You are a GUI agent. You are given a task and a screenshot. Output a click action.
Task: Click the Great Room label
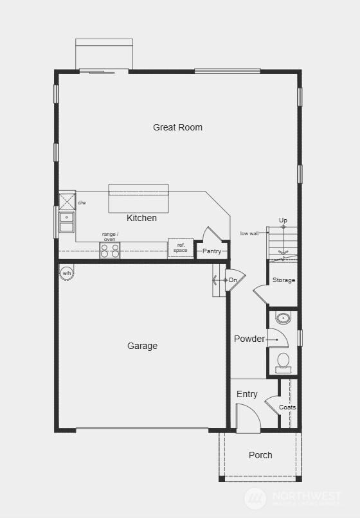point(177,127)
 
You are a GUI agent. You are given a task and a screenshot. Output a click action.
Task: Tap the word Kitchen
point(141,218)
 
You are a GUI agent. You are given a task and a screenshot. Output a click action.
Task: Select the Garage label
point(142,346)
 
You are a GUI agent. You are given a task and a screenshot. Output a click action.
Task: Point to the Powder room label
point(249,339)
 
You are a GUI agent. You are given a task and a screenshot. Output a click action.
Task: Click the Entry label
point(247,394)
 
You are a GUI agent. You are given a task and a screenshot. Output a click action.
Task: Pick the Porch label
point(260,455)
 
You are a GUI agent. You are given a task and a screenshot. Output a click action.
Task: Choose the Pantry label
point(212,251)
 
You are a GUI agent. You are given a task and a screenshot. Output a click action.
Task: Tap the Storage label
point(283,280)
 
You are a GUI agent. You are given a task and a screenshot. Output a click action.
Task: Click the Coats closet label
point(287,407)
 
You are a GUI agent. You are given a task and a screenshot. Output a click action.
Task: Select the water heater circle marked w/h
point(66,274)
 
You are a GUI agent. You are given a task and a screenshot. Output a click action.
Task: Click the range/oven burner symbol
point(110,250)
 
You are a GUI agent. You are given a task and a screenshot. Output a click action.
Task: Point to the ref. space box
point(181,248)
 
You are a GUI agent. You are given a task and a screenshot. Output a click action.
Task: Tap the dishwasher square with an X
point(67,201)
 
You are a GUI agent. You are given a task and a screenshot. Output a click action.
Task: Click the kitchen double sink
point(66,222)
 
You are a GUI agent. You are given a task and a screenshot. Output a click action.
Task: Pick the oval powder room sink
point(283,317)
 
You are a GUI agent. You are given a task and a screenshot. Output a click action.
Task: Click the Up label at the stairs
point(283,220)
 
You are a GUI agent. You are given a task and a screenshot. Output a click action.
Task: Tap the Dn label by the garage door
point(233,280)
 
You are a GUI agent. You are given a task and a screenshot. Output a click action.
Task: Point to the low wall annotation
point(249,233)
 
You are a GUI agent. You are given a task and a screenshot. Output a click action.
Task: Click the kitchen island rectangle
point(138,199)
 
